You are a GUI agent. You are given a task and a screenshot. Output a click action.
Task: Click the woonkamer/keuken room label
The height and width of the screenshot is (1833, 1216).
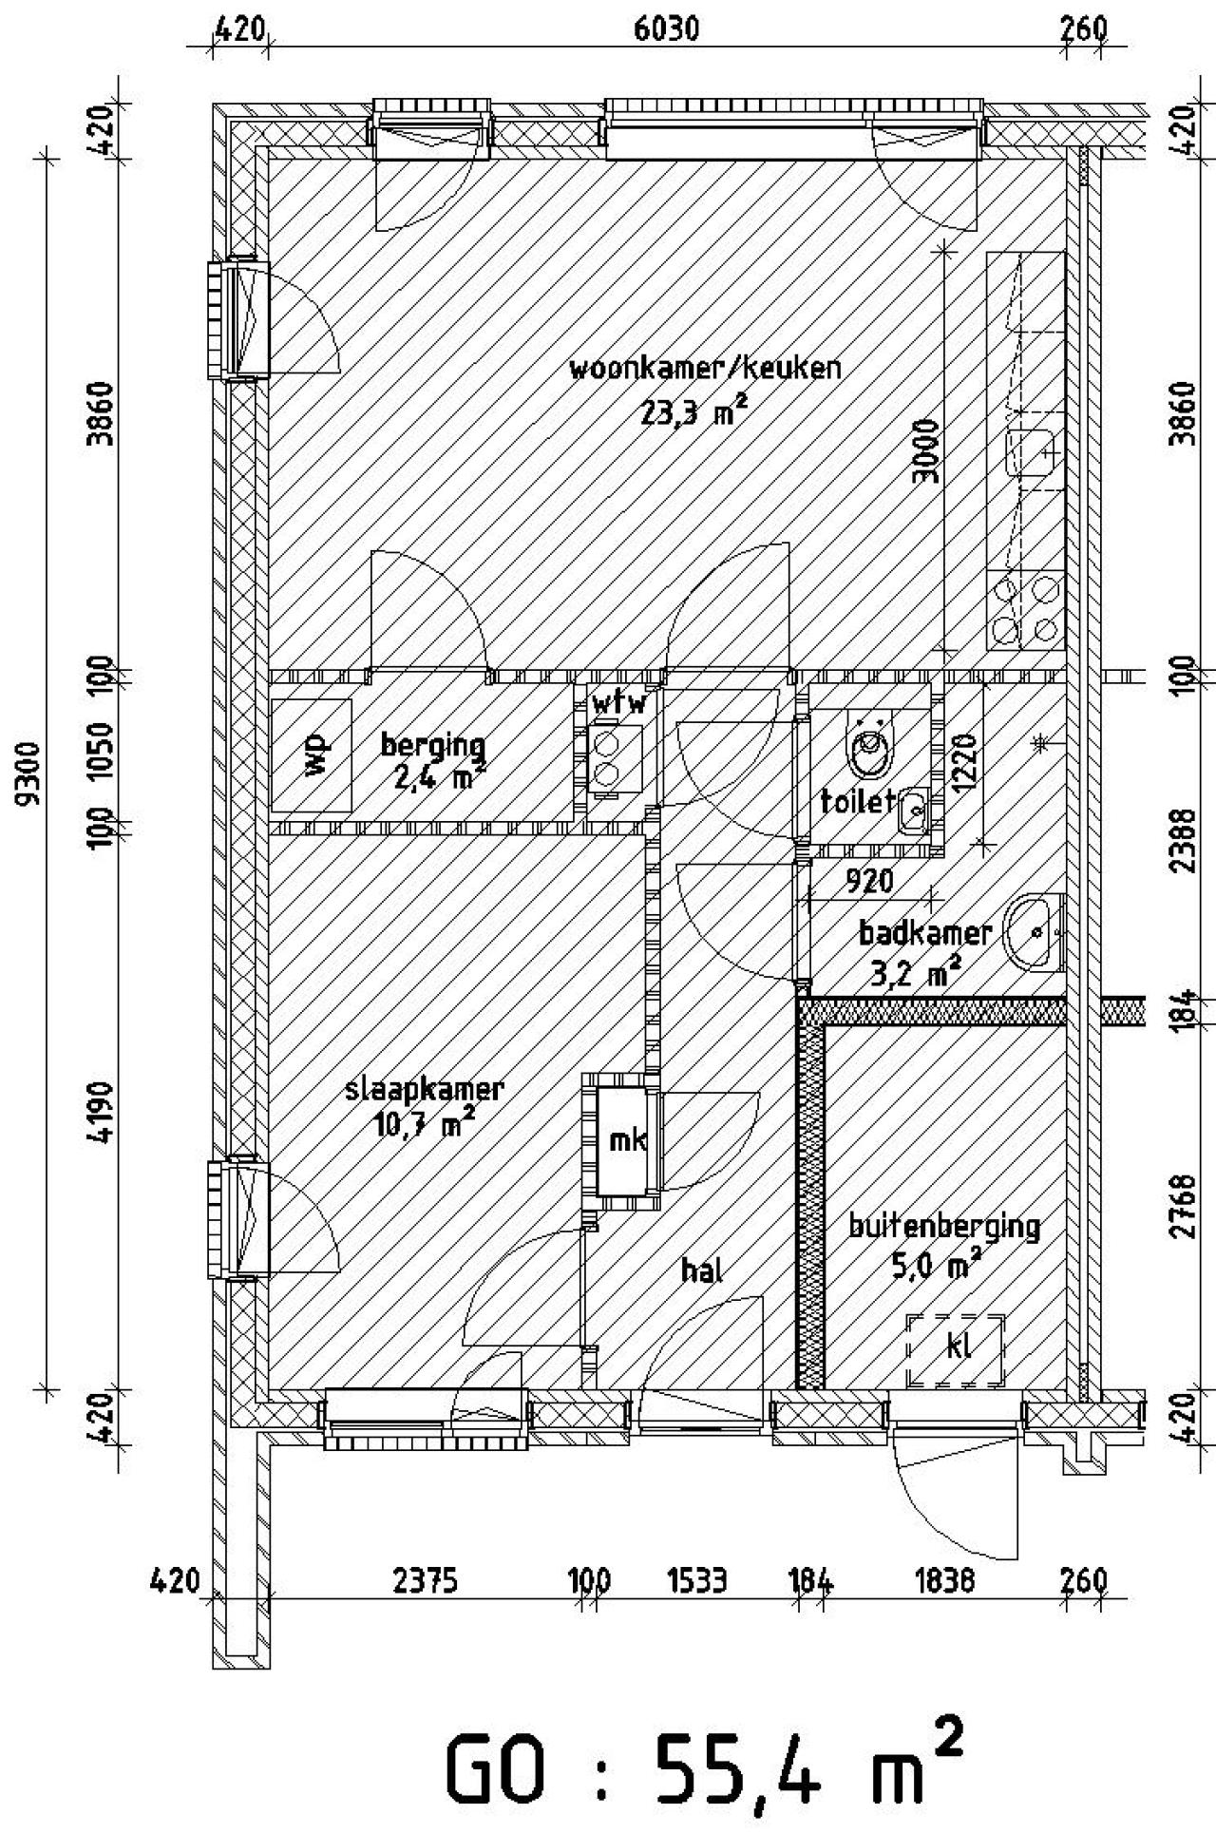pyautogui.click(x=705, y=368)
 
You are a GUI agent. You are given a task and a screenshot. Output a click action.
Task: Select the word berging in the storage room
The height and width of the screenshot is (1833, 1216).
pyautogui.click(x=433, y=746)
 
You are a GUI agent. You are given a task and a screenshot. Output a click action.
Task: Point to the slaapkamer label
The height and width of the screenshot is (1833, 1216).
pyautogui.click(x=424, y=1091)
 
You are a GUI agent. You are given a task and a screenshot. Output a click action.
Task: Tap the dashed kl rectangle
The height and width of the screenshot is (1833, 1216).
pyautogui.click(x=955, y=1350)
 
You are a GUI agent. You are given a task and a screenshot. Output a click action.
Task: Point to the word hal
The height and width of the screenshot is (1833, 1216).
pyautogui.click(x=703, y=1270)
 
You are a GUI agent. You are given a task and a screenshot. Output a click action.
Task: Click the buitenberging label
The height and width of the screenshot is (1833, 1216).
pyautogui.click(x=944, y=1227)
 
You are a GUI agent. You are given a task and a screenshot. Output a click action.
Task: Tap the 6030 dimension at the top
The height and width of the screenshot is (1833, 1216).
pyautogui.click(x=666, y=29)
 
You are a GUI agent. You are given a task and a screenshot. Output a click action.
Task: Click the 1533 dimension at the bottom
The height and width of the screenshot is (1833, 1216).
pyautogui.click(x=697, y=1580)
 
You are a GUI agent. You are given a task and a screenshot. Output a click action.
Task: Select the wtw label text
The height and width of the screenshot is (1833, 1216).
pyautogui.click(x=619, y=704)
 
